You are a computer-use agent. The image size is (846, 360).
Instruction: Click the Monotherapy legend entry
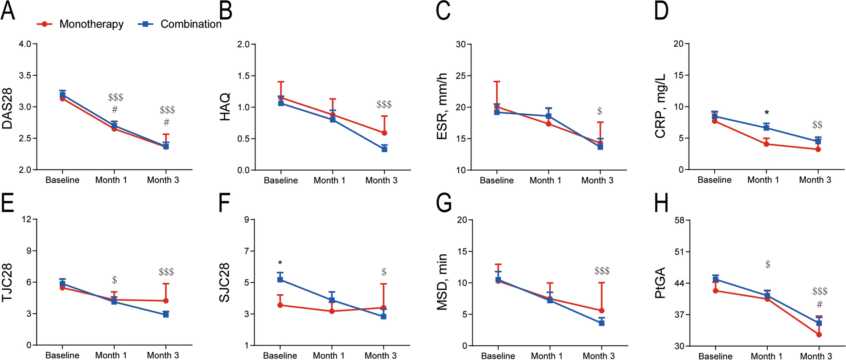click(91, 24)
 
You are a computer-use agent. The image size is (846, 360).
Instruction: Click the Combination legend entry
click(191, 24)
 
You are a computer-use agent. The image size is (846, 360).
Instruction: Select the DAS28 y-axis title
click(7, 108)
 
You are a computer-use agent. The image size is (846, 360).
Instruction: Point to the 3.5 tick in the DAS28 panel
click(25, 75)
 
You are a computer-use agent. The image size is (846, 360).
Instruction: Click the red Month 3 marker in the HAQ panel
click(384, 133)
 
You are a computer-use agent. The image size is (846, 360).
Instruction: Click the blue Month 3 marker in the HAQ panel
click(384, 149)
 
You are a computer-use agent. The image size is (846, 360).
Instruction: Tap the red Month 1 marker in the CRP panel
click(766, 144)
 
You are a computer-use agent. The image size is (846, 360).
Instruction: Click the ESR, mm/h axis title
click(442, 106)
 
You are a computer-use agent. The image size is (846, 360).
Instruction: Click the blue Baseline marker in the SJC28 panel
click(280, 280)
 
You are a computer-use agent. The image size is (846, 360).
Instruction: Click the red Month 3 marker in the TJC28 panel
click(166, 301)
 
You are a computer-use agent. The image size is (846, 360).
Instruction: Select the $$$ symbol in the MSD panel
click(602, 271)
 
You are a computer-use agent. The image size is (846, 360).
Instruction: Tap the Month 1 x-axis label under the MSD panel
click(546, 356)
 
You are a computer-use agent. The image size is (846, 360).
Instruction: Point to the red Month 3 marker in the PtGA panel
click(819, 334)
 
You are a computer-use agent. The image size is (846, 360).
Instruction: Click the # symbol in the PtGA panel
click(819, 304)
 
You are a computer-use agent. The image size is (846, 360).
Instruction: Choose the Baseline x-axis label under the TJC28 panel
click(62, 355)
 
